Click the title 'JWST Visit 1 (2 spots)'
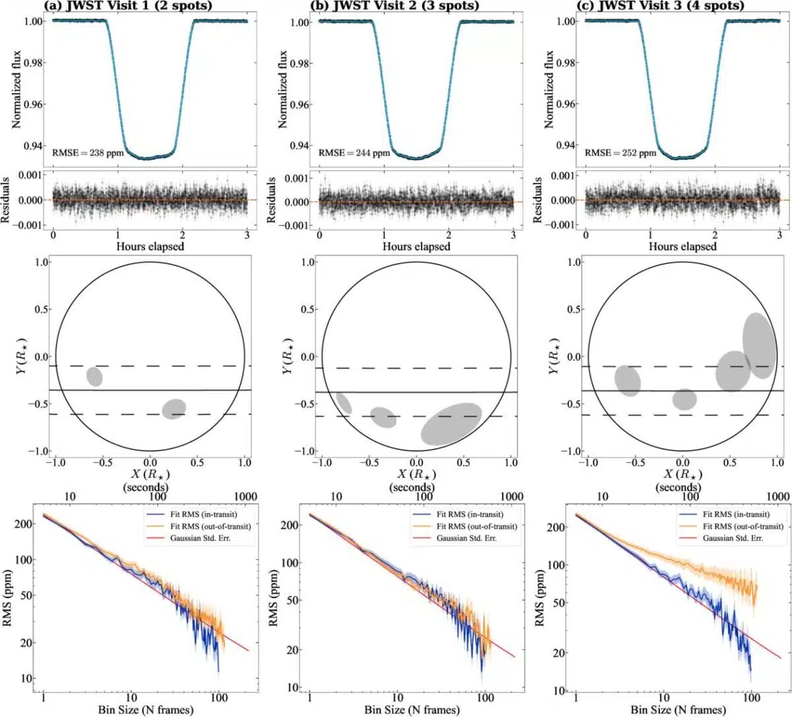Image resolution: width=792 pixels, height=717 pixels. (129, 6)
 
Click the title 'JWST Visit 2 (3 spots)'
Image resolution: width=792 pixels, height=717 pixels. (395, 6)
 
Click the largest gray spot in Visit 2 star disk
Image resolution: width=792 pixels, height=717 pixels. (451, 423)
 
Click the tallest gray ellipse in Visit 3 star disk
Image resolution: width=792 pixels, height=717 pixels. (759, 345)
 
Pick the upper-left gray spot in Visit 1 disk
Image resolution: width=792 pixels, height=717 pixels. (94, 376)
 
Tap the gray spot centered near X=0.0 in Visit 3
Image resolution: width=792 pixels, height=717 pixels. (684, 399)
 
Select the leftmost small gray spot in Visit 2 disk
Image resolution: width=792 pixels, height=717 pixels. (344, 403)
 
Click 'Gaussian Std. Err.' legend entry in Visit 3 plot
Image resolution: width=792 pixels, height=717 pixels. (733, 539)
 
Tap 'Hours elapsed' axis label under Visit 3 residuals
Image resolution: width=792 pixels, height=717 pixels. (682, 247)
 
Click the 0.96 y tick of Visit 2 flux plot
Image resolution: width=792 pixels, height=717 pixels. (300, 104)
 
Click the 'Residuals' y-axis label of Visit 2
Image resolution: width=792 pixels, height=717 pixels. (271, 199)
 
